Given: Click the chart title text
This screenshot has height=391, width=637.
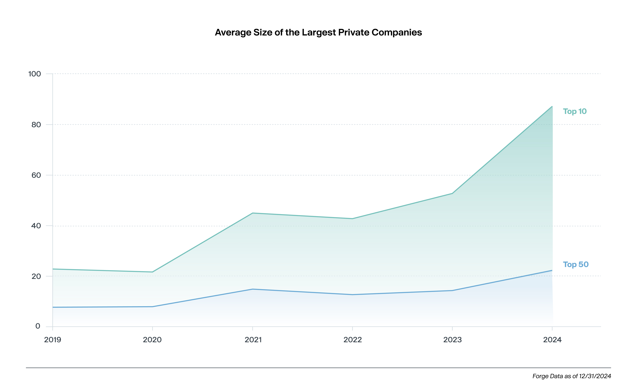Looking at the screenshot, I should [x=318, y=33].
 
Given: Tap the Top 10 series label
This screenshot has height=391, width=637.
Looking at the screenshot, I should [x=575, y=111].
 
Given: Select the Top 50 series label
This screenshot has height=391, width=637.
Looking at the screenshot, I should [x=576, y=265].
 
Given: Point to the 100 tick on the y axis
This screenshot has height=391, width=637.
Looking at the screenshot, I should [x=35, y=74].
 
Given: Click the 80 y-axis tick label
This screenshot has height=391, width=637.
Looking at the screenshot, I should [x=36, y=125].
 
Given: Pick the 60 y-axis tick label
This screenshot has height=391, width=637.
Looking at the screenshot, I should [x=36, y=175].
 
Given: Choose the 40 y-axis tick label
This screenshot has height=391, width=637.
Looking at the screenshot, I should [x=36, y=226].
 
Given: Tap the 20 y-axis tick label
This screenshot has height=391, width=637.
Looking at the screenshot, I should [x=36, y=276].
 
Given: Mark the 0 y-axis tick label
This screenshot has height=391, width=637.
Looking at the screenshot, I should [x=38, y=326].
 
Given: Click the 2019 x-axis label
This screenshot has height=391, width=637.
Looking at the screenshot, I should [x=53, y=340].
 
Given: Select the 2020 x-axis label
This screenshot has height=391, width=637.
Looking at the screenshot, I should [x=152, y=340].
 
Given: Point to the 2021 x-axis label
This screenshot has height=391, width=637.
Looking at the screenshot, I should [x=253, y=340].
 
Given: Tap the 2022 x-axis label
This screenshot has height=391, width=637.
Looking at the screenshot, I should [x=352, y=340].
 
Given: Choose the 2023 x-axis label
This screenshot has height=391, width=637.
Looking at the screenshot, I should [x=452, y=340].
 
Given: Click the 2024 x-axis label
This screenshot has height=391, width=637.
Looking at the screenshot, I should [x=552, y=340].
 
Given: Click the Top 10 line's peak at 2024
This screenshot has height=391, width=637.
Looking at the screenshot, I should [x=552, y=107].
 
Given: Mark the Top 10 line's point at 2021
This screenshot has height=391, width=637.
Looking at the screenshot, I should [x=253, y=213].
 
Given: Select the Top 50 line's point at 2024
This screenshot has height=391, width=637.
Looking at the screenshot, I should [x=552, y=271].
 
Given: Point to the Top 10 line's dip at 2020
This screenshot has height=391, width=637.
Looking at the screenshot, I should [x=153, y=272].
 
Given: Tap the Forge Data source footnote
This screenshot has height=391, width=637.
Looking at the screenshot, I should [x=571, y=376].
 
